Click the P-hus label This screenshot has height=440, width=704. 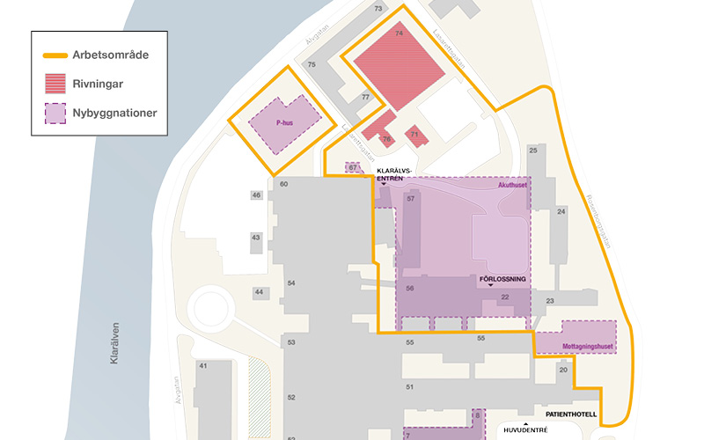[x=283, y=124]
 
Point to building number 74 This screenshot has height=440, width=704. [x=399, y=33]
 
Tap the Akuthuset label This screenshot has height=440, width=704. [x=511, y=186]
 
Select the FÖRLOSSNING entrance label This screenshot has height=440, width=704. [x=502, y=280]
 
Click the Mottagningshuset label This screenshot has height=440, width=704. [x=587, y=346]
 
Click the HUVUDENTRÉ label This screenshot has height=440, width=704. [x=524, y=430]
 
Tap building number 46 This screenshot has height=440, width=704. [x=257, y=194]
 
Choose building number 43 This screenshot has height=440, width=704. [x=256, y=238]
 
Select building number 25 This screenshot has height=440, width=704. [x=532, y=150]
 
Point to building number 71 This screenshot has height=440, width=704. [x=414, y=134]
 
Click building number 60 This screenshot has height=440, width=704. [x=283, y=184]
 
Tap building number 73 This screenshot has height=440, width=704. [x=378, y=9]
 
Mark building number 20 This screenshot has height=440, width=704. [x=563, y=370]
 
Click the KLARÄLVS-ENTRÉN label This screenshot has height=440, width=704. [x=390, y=174]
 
